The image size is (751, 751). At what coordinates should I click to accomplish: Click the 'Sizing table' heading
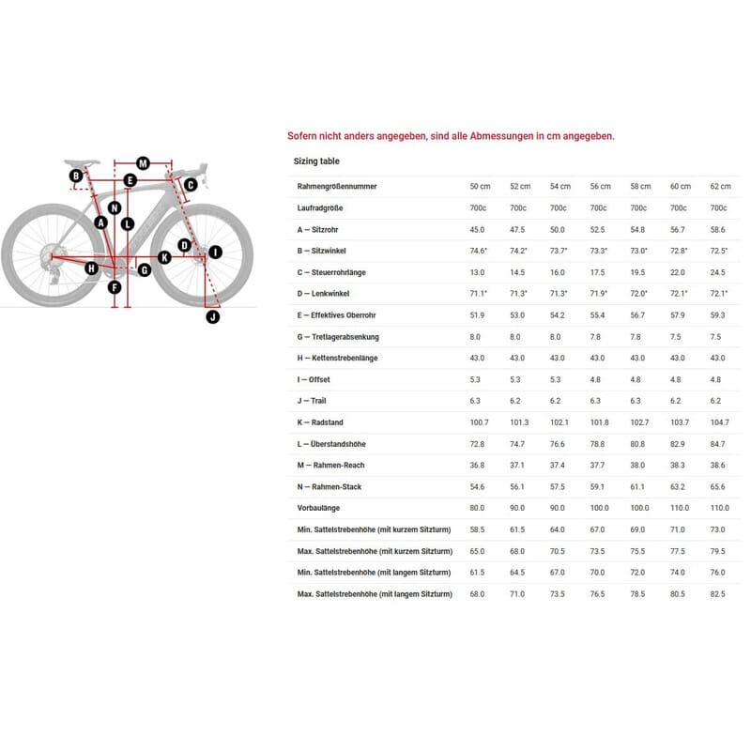point(316,161)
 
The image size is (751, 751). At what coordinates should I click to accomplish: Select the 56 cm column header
point(600,187)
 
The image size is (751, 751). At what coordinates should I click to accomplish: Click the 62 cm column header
point(719,187)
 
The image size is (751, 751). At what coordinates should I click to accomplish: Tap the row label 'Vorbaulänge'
point(317,508)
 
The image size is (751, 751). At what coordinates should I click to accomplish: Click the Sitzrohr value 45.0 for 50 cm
point(478,230)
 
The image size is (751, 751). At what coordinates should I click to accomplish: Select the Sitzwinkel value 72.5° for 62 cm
point(719,251)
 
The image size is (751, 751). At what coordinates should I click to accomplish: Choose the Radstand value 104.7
point(719,422)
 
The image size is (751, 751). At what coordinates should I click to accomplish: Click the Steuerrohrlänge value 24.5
point(719,272)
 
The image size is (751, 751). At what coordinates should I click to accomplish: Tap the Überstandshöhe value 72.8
point(478,443)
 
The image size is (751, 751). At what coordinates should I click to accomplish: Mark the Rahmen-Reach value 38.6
point(719,465)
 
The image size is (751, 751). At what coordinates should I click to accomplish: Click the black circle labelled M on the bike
point(143,162)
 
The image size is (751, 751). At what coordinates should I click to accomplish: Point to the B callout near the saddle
point(75,176)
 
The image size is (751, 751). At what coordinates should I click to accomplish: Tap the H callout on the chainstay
point(91,268)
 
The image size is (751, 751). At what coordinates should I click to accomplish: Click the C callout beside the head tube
point(190,185)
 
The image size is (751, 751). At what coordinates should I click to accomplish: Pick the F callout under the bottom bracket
point(115,287)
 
